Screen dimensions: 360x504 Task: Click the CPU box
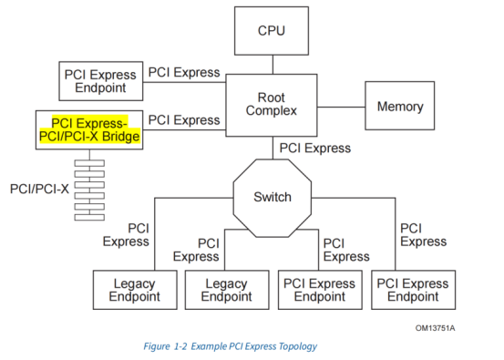tap(271, 30)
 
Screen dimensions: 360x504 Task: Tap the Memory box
tap(399, 107)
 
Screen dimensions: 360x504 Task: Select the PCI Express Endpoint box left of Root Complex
tap(99, 81)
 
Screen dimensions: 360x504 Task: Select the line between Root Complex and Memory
tap(342, 107)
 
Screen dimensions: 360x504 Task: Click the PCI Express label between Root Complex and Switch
tap(315, 147)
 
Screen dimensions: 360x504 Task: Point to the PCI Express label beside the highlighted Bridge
tap(183, 119)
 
